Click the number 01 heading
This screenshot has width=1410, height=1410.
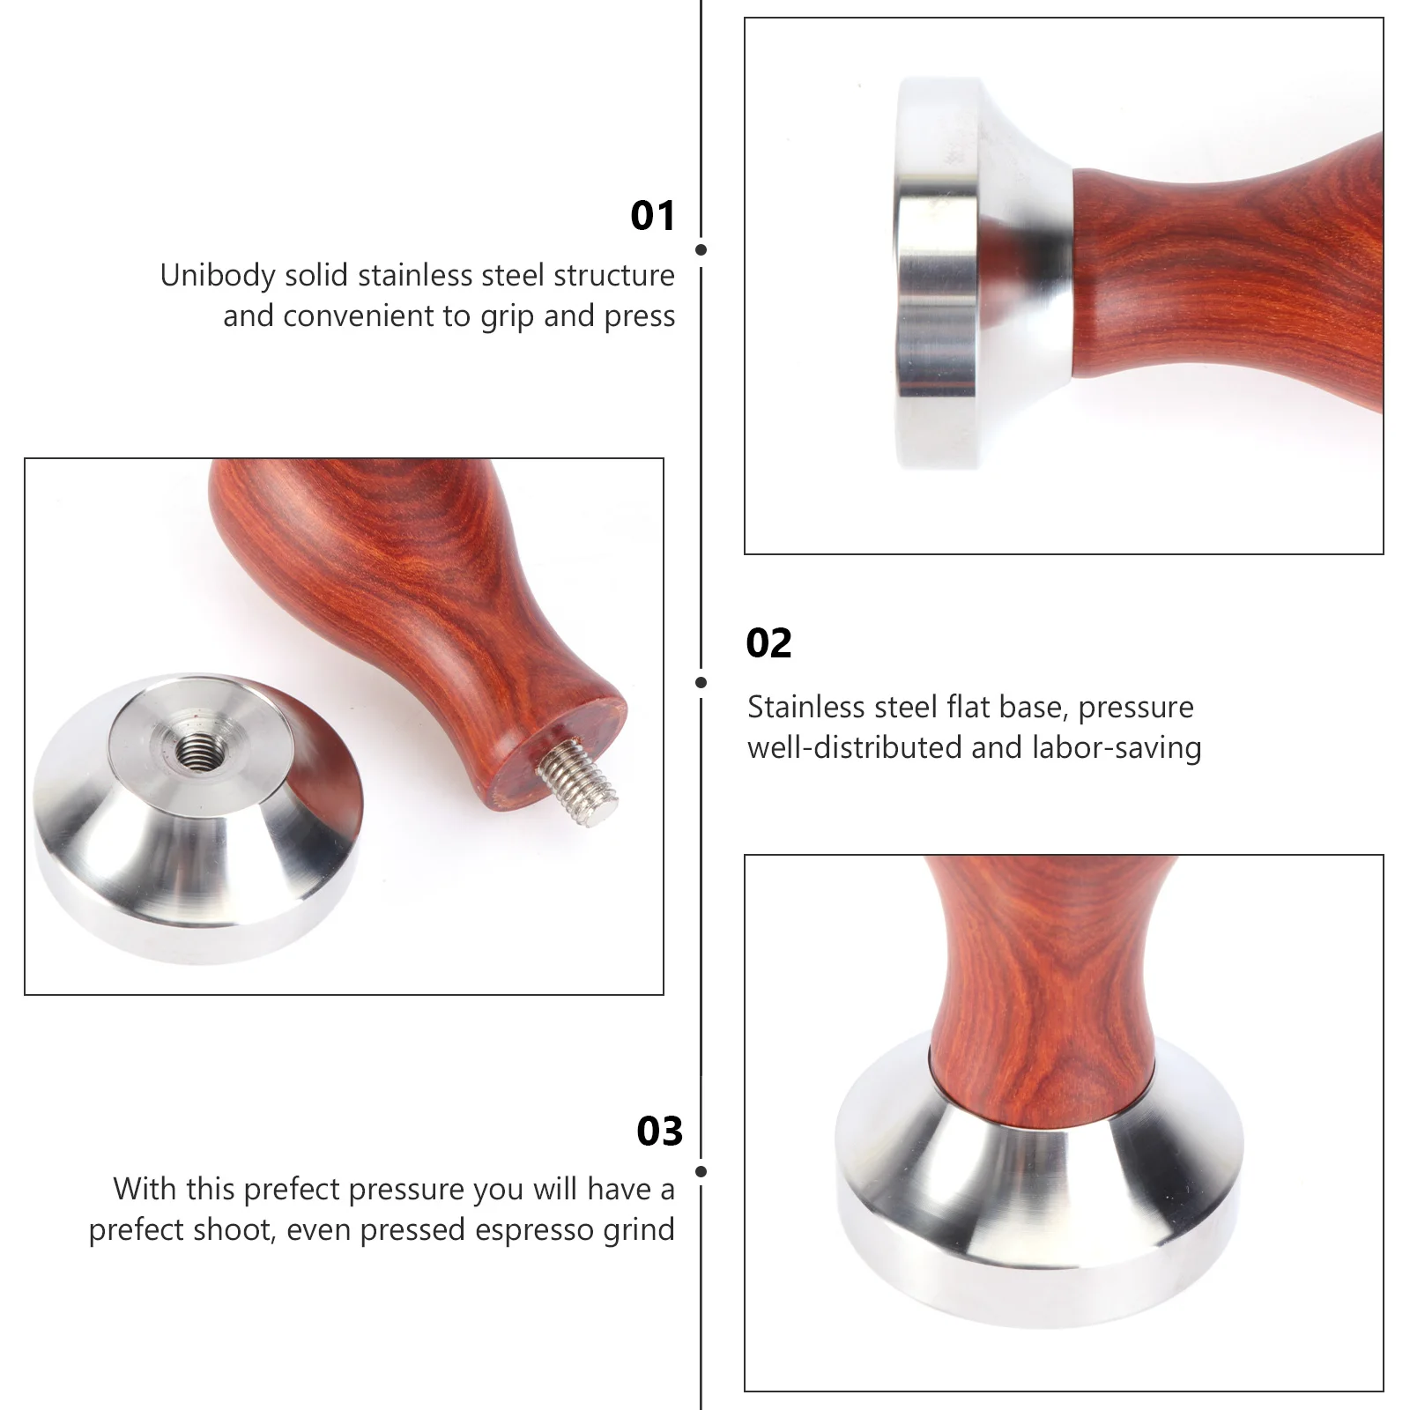[x=652, y=216]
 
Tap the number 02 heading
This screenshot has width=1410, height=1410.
[x=768, y=643]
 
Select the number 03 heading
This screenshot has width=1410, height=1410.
[x=659, y=1132]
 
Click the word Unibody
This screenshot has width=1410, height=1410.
[x=218, y=277]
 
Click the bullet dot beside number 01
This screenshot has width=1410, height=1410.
[x=701, y=249]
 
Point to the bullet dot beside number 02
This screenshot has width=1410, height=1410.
[x=701, y=682]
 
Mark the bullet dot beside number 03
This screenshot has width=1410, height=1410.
[x=701, y=1171]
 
